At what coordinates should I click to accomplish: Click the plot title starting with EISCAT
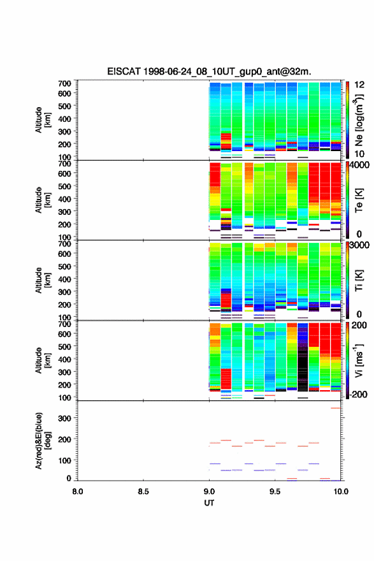[x=209, y=71]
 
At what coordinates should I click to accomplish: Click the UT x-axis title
[x=209, y=503]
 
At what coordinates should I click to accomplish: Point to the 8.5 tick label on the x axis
[x=143, y=492]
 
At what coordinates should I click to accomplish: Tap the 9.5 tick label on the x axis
[x=275, y=492]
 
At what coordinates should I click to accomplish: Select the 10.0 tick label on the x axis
[x=341, y=492]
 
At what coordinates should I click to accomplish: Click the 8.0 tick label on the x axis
[x=78, y=492]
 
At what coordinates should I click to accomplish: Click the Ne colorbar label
[x=359, y=120]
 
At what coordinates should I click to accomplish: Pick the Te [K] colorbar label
[x=359, y=200]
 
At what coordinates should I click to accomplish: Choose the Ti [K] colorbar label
[x=359, y=280]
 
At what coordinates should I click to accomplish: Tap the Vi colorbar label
[x=359, y=361]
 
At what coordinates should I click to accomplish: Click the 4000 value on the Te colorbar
[x=359, y=165]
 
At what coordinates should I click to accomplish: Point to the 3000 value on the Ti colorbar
[x=359, y=245]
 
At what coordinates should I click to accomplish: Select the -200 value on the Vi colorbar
[x=358, y=394]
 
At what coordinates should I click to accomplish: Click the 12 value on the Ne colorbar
[x=359, y=85]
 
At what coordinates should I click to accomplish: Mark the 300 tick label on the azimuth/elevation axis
[x=64, y=418]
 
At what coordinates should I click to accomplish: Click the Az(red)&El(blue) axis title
[x=43, y=441]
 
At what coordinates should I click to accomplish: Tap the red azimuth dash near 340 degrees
[x=335, y=408]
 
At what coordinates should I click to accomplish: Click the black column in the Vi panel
[x=303, y=361]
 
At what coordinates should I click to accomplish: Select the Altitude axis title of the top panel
[x=43, y=120]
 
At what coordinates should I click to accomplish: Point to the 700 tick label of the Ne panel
[x=64, y=84]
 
